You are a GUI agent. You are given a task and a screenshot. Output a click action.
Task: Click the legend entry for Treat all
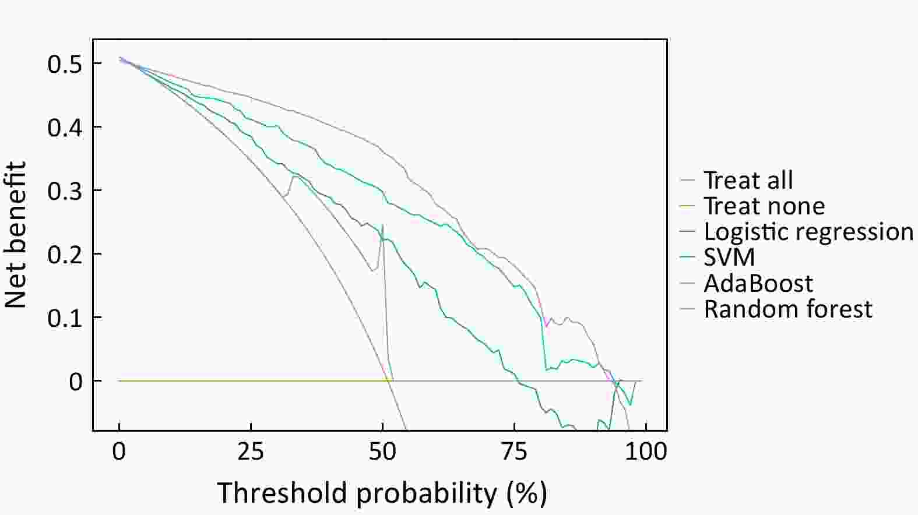pyautogui.click(x=748, y=181)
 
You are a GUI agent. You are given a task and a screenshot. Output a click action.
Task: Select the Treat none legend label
pyautogui.click(x=764, y=206)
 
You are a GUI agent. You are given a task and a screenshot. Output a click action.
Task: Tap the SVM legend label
pyautogui.click(x=729, y=257)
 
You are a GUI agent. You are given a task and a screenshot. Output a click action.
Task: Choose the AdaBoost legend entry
pyautogui.click(x=758, y=283)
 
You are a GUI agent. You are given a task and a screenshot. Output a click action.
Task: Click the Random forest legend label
pyautogui.click(x=788, y=309)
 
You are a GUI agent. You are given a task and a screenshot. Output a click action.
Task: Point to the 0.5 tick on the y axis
pyautogui.click(x=65, y=64)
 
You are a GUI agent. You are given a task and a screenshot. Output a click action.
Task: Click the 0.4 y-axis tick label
pyautogui.click(x=65, y=127)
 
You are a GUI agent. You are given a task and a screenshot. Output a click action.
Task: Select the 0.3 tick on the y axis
pyautogui.click(x=65, y=191)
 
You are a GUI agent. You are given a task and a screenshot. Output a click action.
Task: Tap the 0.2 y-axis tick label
pyautogui.click(x=65, y=254)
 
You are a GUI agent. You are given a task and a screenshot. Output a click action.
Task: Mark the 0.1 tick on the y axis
pyautogui.click(x=65, y=318)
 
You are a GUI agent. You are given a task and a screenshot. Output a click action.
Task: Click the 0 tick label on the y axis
pyautogui.click(x=76, y=382)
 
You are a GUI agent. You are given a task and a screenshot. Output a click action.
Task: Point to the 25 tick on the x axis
pyautogui.click(x=251, y=451)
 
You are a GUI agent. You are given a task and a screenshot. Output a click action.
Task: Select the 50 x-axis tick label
pyautogui.click(x=382, y=451)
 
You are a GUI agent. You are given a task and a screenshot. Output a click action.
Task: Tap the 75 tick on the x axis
pyautogui.click(x=514, y=451)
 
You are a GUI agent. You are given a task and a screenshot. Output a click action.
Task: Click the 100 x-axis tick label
pyautogui.click(x=646, y=451)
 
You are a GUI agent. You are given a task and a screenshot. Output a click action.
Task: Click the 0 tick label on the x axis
pyautogui.click(x=119, y=451)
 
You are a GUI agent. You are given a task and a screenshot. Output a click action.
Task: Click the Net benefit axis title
pyautogui.click(x=16, y=235)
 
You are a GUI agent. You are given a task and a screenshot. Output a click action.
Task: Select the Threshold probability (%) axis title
pyautogui.click(x=382, y=493)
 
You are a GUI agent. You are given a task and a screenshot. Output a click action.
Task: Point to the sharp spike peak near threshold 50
pyautogui.click(x=382, y=224)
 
